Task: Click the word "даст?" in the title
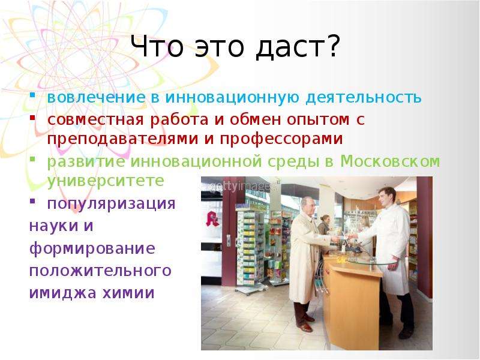click(298, 47)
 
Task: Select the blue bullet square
click(32, 95)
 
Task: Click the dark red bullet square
click(32, 116)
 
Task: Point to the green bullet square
click(32, 158)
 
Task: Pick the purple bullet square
click(32, 201)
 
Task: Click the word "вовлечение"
click(96, 97)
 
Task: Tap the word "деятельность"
click(364, 97)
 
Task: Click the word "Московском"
click(390, 161)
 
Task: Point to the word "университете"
click(106, 181)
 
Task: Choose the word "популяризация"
click(112, 204)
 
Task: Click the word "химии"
click(128, 293)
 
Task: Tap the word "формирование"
click(92, 249)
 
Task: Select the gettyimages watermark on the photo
click(244, 186)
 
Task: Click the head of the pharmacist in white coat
click(387, 197)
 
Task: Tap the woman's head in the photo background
click(325, 220)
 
